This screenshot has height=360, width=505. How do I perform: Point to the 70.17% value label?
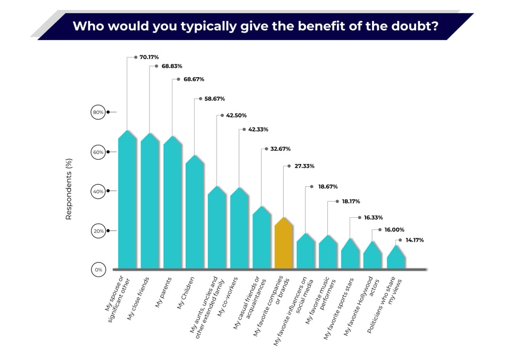[149, 56]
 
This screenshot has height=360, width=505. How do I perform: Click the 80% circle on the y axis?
[98, 112]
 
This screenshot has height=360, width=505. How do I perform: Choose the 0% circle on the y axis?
[98, 270]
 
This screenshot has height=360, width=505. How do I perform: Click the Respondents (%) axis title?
[68, 189]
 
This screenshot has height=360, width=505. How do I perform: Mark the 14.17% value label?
[415, 240]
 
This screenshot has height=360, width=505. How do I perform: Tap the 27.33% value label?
[303, 166]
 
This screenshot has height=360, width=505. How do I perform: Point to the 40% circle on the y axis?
[98, 191]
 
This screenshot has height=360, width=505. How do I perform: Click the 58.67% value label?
[214, 99]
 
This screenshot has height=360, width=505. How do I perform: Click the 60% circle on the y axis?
[98, 152]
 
